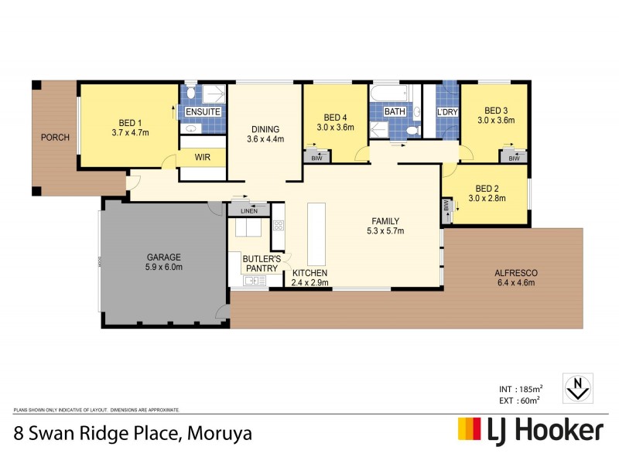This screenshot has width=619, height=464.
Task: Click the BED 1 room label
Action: tap(130, 128)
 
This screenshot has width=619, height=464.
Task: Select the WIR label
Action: tap(203, 157)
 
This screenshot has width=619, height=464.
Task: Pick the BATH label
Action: tap(395, 112)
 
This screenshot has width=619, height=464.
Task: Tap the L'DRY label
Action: tap(448, 112)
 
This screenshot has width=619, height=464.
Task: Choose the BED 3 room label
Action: tap(496, 115)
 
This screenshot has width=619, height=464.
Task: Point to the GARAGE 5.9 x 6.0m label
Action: tap(164, 262)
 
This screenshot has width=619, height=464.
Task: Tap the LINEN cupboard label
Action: tap(248, 210)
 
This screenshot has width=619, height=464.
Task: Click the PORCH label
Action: tap(56, 138)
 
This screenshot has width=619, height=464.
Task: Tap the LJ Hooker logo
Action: tap(531, 429)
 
